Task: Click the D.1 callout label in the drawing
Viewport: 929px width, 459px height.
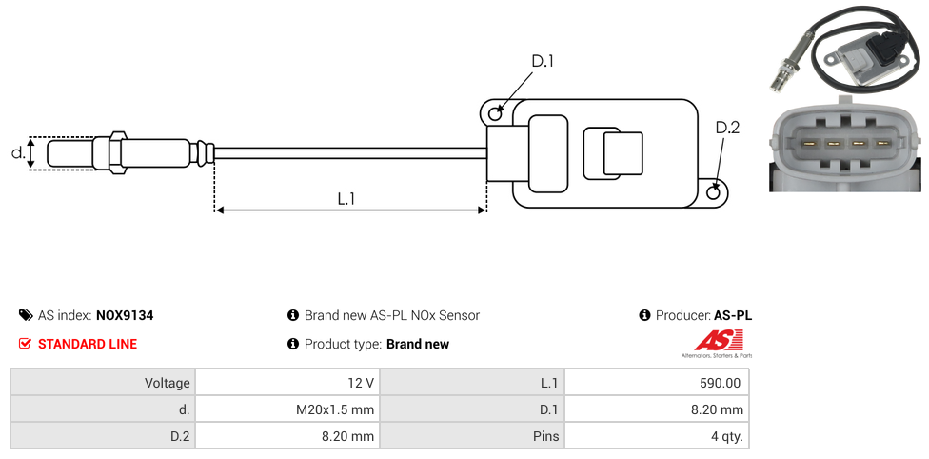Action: (x=543, y=61)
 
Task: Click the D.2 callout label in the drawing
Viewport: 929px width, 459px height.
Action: (x=727, y=128)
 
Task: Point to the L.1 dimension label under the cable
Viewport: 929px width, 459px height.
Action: (x=346, y=199)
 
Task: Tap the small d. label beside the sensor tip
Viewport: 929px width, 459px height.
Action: (x=18, y=153)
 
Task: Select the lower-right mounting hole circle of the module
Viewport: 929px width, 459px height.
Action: (x=714, y=192)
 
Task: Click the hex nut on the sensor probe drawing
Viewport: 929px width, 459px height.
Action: (x=117, y=153)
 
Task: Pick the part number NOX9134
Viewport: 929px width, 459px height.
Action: (x=125, y=315)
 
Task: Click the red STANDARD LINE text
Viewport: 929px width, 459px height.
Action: (x=88, y=344)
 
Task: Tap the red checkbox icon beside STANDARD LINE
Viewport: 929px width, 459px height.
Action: (x=25, y=344)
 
